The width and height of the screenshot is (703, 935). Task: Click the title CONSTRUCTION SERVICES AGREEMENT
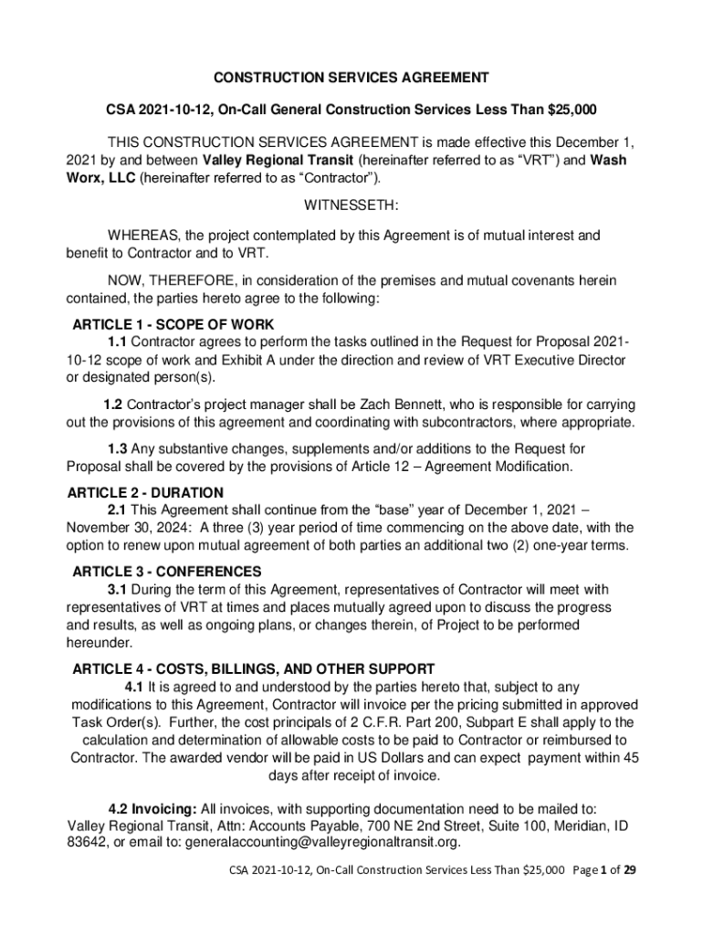[351, 78]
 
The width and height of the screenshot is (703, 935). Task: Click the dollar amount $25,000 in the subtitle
[572, 110]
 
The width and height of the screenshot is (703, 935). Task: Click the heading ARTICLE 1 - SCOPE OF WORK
[173, 325]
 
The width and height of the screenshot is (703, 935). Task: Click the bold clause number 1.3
[117, 449]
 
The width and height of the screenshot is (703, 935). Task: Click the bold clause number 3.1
[117, 589]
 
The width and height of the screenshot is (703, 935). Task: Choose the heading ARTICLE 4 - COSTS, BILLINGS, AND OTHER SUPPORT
[253, 668]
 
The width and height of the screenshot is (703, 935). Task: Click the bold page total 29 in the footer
[629, 870]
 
